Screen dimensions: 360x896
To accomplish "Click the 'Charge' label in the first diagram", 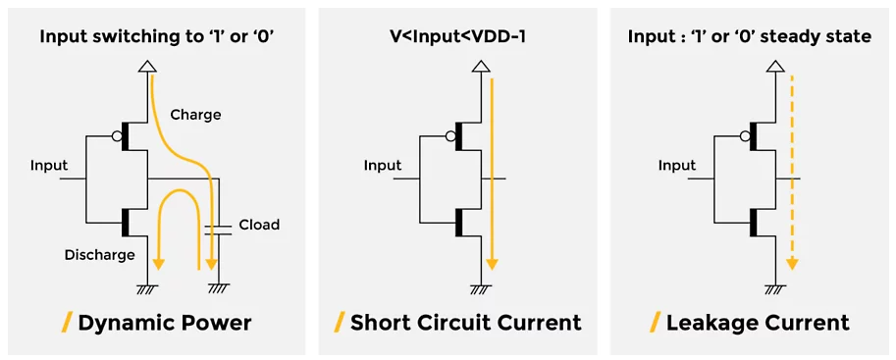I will tap(195, 114).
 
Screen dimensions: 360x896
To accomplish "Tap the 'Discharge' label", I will tap(99, 255).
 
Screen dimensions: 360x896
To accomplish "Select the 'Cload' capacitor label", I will tap(259, 225).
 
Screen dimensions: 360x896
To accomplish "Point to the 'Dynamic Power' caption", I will tap(164, 322).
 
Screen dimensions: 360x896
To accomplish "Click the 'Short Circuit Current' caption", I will tap(465, 322).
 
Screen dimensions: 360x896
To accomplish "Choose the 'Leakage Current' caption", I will tap(758, 322).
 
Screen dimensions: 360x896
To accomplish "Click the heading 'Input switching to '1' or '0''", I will tap(156, 36).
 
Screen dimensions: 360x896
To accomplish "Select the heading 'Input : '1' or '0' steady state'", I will tap(749, 36).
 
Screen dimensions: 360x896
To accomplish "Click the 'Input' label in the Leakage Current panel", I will tap(677, 165).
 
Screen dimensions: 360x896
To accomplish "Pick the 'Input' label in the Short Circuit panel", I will tap(383, 165).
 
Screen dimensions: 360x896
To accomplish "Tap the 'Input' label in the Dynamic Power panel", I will tap(49, 165).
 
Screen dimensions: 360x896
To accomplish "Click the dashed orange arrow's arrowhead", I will tap(792, 264).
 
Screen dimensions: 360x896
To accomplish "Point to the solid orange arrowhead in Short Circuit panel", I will tap(492, 264).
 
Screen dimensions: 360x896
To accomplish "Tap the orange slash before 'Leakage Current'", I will tap(655, 322).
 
